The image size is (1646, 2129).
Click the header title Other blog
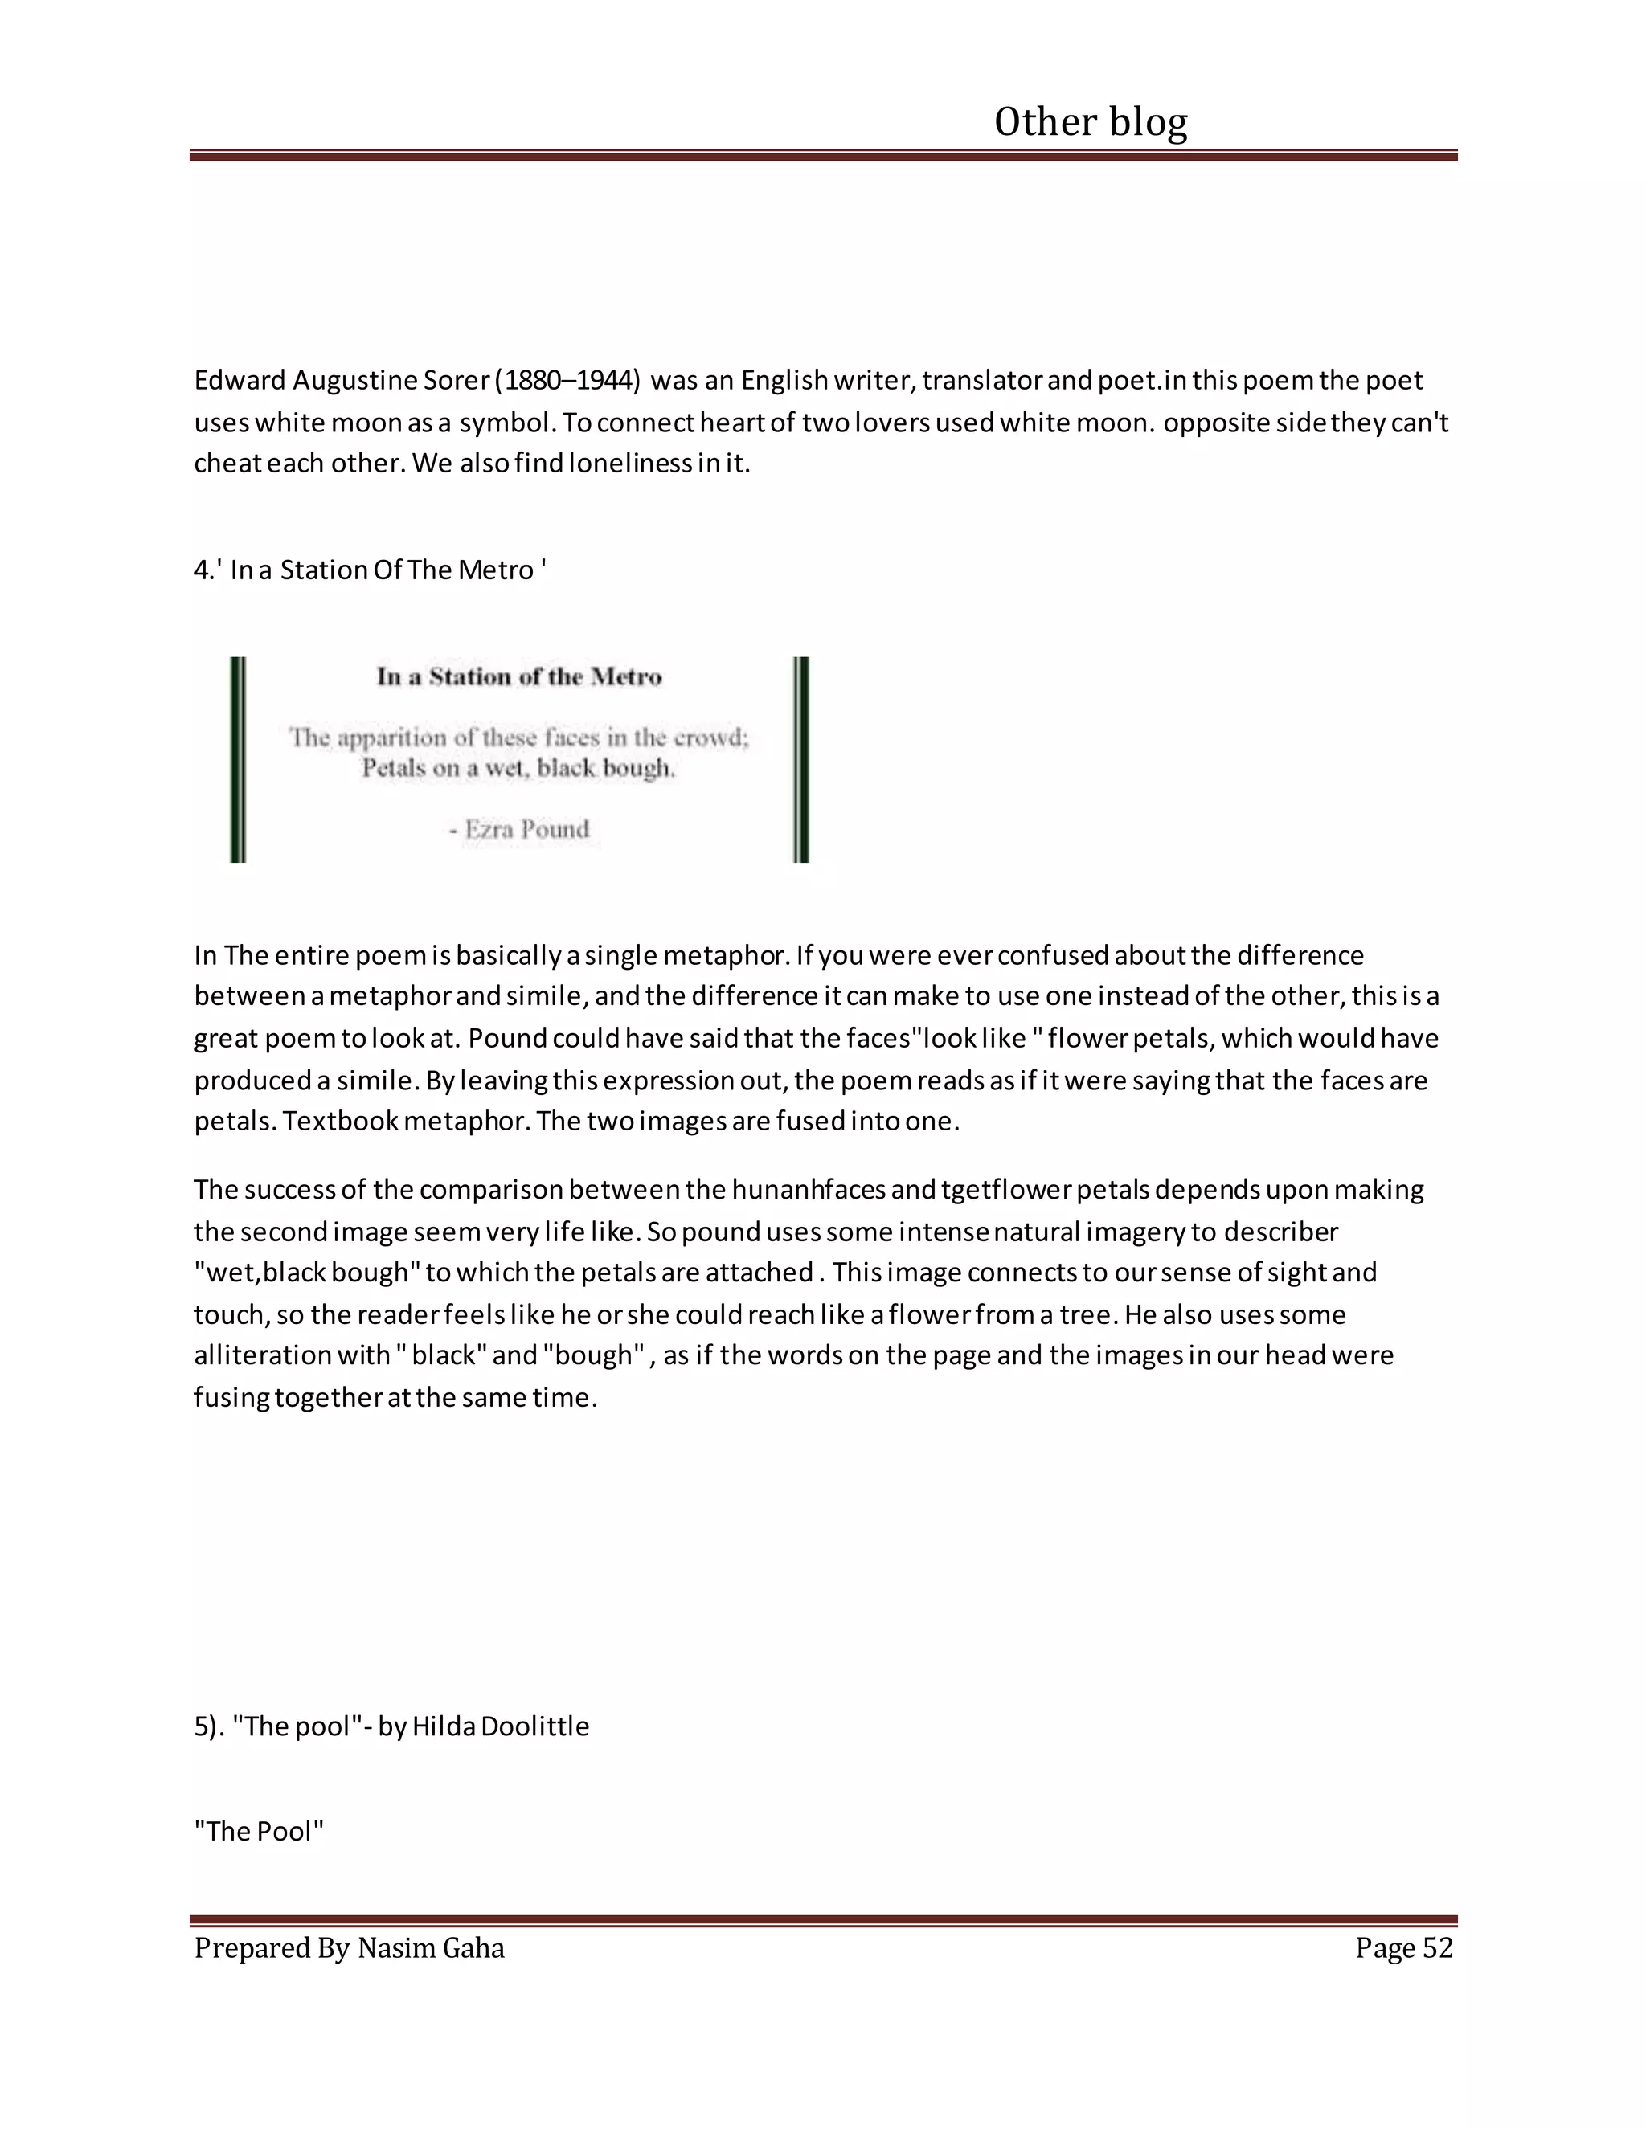click(1090, 123)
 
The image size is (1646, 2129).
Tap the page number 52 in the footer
click(1437, 1947)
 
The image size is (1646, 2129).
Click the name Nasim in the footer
click(396, 1947)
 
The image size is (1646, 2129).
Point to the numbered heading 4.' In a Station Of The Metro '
click(370, 570)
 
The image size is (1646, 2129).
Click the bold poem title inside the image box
click(518, 676)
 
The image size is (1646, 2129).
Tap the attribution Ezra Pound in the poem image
click(526, 830)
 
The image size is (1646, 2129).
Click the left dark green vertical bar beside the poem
click(238, 759)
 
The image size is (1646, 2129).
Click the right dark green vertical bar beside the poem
click(800, 759)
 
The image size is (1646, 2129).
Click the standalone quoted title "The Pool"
click(259, 1831)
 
